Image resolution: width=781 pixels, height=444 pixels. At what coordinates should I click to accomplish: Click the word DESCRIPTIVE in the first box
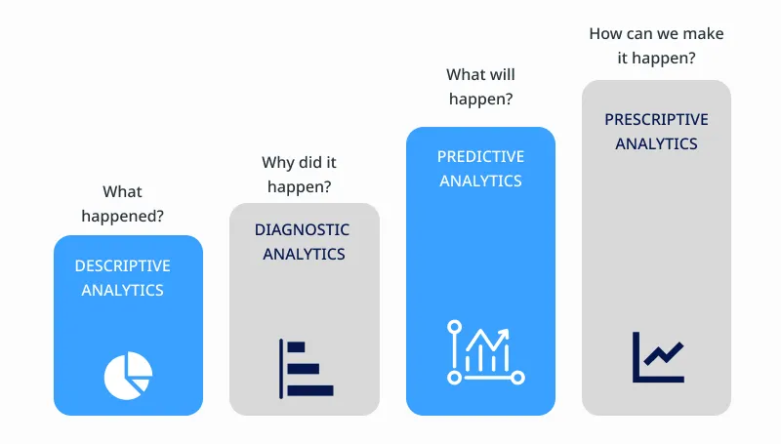(123, 265)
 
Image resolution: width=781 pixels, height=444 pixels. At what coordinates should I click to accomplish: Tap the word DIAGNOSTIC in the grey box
(302, 229)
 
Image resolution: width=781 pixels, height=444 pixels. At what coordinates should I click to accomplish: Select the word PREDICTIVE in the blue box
(480, 156)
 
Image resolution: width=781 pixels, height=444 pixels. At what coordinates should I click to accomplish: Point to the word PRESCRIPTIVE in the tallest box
(656, 119)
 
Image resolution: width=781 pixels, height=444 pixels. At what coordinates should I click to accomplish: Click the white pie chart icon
(128, 376)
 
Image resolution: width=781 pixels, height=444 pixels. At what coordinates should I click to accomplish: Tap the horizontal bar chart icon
(307, 369)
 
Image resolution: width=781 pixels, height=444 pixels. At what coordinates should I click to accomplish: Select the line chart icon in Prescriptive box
(658, 357)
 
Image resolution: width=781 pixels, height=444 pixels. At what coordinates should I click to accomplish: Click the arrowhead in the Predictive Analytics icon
(503, 334)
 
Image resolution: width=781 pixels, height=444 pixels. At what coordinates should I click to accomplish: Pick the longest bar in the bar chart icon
(310, 390)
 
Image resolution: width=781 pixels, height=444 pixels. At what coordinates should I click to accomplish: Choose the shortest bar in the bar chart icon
(297, 347)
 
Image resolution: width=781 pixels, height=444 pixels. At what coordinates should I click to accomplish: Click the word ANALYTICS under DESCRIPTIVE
(123, 290)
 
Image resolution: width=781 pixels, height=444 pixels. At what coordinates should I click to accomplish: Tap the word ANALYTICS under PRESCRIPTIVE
(656, 143)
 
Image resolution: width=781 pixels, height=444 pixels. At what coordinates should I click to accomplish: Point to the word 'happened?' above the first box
(123, 217)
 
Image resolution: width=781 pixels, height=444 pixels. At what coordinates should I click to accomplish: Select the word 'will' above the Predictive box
(503, 74)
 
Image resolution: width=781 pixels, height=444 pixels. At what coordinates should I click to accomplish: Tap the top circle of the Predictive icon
(454, 327)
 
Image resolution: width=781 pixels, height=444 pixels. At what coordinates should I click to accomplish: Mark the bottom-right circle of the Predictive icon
(518, 378)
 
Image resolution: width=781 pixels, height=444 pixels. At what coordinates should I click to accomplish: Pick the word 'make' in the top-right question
(703, 33)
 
